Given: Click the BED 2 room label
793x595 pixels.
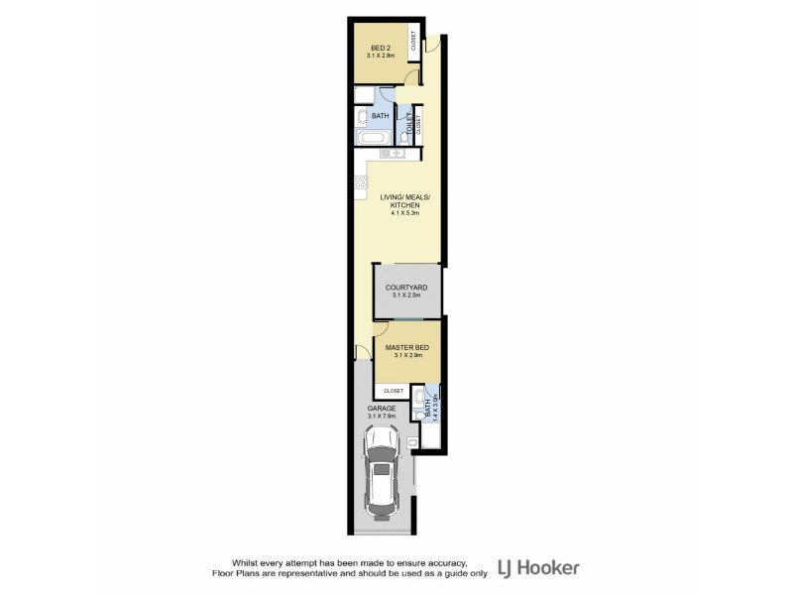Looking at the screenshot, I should [381, 48].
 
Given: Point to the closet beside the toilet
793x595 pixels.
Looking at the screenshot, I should [419, 124].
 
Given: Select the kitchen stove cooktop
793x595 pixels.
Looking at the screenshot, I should [361, 182].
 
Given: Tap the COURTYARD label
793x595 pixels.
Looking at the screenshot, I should [406, 287].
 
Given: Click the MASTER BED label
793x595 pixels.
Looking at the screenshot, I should [406, 346].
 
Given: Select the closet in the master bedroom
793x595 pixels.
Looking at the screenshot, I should [394, 391].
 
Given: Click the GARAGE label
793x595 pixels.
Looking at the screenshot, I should [381, 409].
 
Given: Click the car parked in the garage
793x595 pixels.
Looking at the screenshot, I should [382, 479].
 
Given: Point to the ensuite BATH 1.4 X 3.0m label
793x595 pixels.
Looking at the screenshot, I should [428, 405].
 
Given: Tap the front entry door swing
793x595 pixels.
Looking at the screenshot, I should [433, 44].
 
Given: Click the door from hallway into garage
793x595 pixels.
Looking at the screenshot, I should [362, 351].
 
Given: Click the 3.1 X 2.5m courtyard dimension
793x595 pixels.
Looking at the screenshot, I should [406, 295].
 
